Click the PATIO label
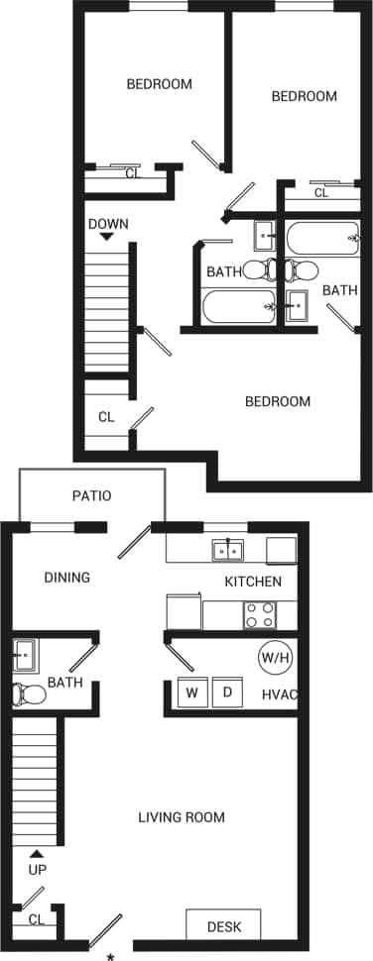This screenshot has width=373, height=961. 91,495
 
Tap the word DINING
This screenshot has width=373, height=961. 66,578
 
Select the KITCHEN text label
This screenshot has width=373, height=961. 253,582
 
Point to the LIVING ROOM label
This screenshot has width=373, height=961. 181,817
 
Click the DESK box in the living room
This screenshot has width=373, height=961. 223,926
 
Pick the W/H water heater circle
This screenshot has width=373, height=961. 274,656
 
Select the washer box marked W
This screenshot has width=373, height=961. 190,692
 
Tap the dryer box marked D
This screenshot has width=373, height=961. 227,692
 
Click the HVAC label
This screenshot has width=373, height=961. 280,694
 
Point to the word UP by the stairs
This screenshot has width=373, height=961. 38,870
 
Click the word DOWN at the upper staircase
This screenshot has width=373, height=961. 108,224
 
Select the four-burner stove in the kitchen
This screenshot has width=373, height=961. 261,615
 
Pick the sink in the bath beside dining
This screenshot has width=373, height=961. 24,655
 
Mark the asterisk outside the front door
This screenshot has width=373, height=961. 110,955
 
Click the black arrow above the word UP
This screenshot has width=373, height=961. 38,853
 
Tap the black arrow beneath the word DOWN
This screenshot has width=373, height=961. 107,238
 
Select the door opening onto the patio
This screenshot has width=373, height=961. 135,544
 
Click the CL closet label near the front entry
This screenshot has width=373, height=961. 37,920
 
